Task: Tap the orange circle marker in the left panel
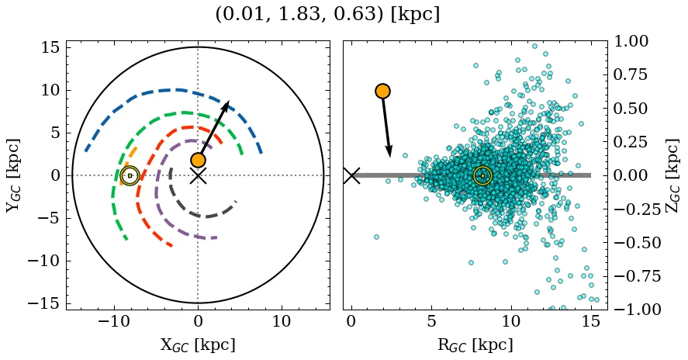point(198,160)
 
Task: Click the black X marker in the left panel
point(198,175)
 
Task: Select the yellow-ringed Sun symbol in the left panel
point(130,175)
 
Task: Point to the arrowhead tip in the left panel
point(229,101)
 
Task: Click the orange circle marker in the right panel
point(382,91)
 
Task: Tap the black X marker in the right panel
point(351,175)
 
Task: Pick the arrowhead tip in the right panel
point(390,155)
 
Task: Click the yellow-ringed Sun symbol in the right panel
point(482,175)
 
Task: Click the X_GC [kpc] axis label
point(197,345)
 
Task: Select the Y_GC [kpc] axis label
point(13,175)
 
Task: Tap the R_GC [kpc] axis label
point(475,345)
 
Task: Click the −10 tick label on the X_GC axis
point(114,322)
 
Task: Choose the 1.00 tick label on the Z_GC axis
point(636,41)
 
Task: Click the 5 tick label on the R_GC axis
point(431,322)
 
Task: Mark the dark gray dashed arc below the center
point(206,214)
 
